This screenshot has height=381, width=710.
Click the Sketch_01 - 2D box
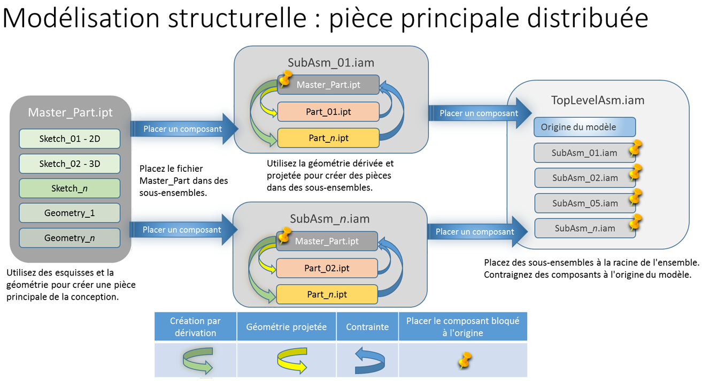[x=70, y=139]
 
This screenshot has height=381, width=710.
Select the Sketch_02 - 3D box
[x=70, y=164]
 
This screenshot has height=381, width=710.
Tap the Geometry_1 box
[x=70, y=213]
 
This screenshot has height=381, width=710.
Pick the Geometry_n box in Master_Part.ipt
[x=70, y=238]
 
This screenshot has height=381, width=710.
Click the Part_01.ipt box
[x=328, y=111]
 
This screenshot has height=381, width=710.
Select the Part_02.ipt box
[x=327, y=268]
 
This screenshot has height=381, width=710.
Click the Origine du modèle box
[x=584, y=127]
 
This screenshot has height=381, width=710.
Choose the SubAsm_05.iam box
[x=584, y=203]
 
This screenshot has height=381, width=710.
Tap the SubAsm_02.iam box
[x=584, y=178]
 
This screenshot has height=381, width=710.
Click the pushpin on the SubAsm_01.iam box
[x=635, y=147]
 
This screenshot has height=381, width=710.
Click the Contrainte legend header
[x=367, y=326]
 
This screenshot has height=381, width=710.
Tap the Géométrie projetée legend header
[x=286, y=326]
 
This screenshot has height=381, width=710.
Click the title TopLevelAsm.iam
[x=597, y=100]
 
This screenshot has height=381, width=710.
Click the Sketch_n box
[x=70, y=188]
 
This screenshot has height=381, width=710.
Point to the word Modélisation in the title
[x=81, y=18]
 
